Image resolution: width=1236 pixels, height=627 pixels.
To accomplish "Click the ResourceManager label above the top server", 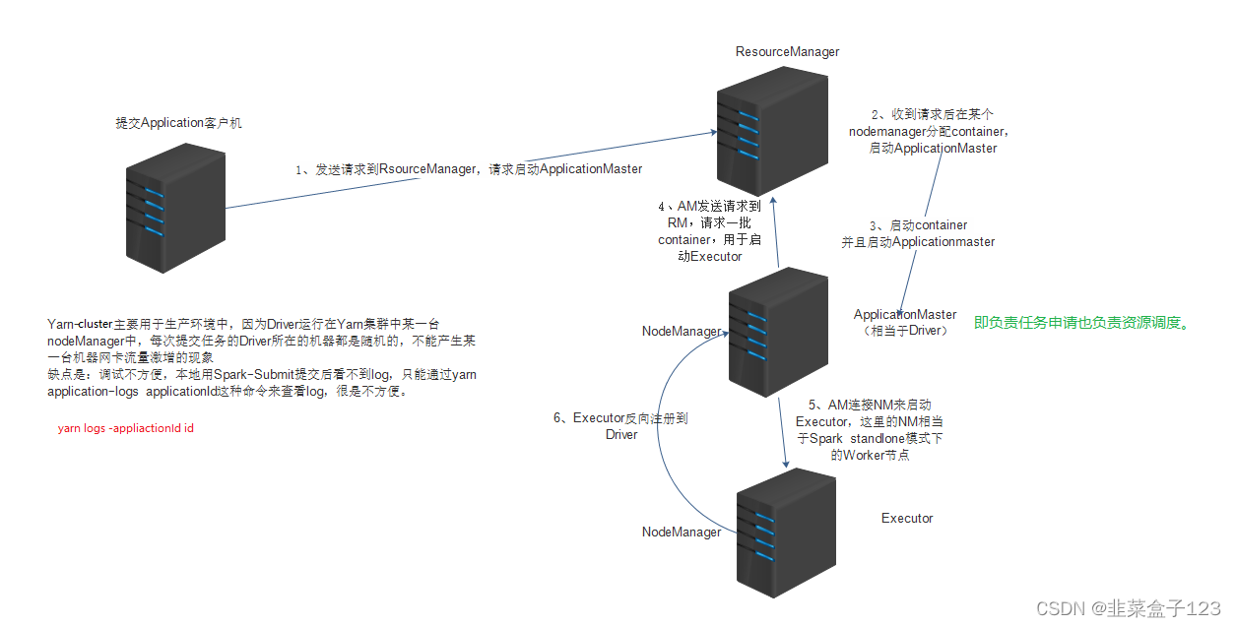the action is click(787, 52).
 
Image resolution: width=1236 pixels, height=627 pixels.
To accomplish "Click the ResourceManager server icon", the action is click(772, 131).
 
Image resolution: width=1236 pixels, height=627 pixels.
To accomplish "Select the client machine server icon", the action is click(175, 208).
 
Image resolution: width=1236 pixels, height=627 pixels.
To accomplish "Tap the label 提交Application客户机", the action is click(178, 122).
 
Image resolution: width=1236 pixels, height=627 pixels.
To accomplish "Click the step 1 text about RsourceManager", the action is click(469, 169).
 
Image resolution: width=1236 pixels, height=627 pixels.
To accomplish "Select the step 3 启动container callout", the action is click(918, 233).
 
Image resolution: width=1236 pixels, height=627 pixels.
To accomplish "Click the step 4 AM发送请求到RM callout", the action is click(710, 231).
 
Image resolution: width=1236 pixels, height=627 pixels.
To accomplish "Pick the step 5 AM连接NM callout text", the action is click(870, 430).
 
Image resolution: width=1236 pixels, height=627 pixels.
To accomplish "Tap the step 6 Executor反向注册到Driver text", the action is click(620, 426).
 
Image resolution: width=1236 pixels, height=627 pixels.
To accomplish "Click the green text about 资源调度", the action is click(1082, 323).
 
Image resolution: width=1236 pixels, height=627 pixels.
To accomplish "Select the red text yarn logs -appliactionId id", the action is click(126, 428).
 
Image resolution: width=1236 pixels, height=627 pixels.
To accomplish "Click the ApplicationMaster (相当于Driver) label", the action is click(905, 323).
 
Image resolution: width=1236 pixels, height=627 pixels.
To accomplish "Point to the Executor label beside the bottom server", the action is click(907, 519).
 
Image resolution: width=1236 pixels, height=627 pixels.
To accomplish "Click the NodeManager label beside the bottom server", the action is click(682, 533).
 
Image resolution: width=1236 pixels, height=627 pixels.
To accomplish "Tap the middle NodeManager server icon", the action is click(778, 332).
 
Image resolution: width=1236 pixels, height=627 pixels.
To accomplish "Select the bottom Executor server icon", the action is click(786, 533).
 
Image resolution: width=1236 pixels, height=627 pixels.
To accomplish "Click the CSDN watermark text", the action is click(1129, 608).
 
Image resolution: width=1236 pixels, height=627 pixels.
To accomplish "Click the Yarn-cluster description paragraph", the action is click(262, 357).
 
